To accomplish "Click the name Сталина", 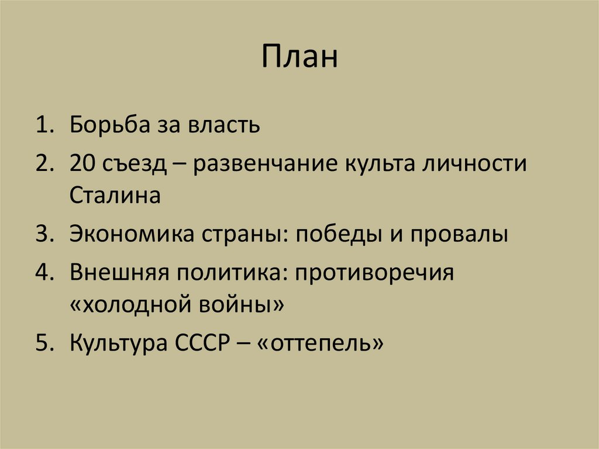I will [x=115, y=196].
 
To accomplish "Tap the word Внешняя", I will [x=120, y=273].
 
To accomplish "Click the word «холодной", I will [x=135, y=304].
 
